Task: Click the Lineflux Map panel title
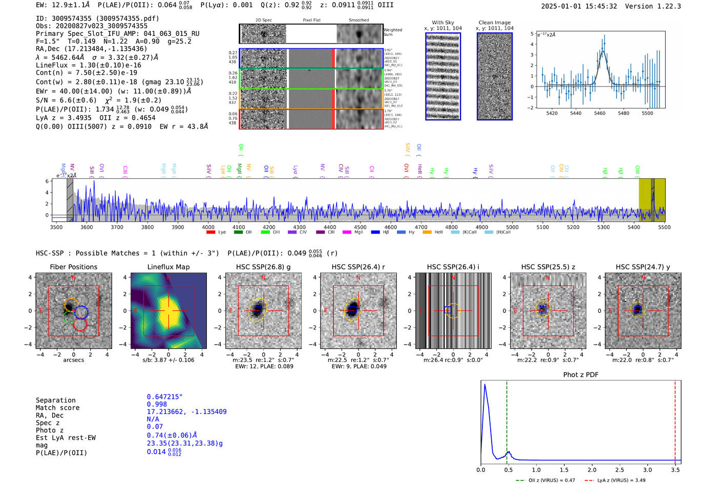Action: click(168, 267)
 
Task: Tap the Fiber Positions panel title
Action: click(73, 267)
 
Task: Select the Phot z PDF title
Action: click(580, 375)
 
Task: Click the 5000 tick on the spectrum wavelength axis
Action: click(512, 227)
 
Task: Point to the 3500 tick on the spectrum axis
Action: click(56, 227)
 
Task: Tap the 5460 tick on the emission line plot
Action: click(599, 113)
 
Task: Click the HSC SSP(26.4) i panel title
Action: click(453, 267)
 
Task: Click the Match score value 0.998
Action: click(157, 404)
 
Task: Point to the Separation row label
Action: click(55, 400)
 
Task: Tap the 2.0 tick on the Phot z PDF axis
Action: click(592, 470)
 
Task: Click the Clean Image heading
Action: click(494, 23)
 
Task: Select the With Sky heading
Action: click(442, 23)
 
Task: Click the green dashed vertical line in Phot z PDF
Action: click(507, 420)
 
